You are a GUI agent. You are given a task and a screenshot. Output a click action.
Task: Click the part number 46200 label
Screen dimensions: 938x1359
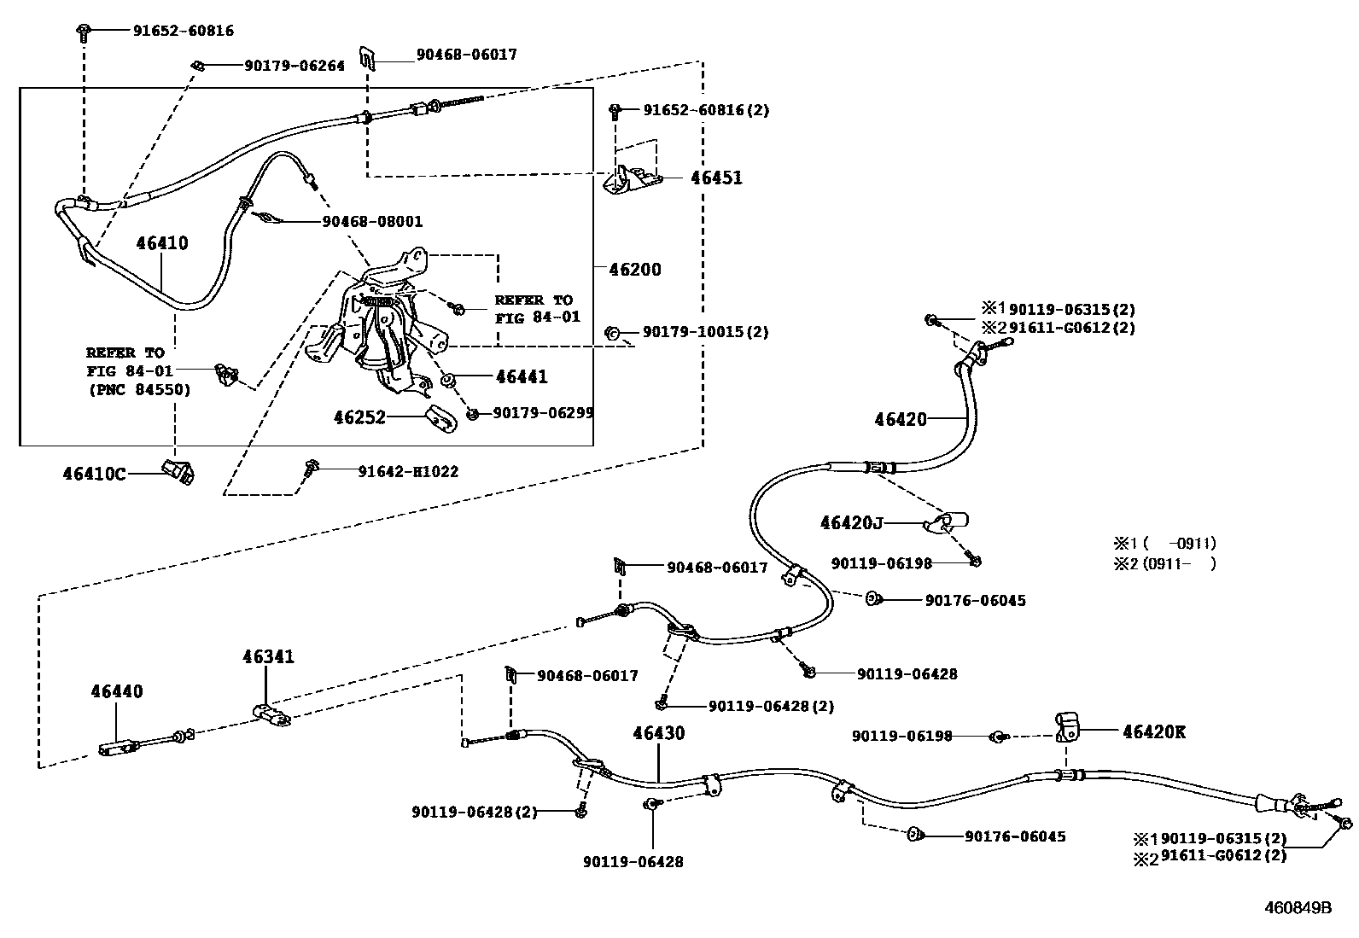(x=634, y=270)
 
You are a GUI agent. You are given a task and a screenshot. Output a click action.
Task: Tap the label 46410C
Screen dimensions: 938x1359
(x=94, y=473)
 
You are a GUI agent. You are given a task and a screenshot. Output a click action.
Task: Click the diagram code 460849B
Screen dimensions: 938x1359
(x=1298, y=908)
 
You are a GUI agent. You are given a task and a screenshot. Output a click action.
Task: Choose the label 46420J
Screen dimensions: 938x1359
(x=851, y=522)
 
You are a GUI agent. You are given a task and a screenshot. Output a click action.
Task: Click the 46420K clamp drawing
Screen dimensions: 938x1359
(x=1067, y=726)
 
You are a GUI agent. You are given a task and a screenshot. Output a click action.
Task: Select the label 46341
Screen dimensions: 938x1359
(x=268, y=656)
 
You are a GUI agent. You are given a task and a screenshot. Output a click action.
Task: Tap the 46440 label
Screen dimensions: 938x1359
(x=117, y=691)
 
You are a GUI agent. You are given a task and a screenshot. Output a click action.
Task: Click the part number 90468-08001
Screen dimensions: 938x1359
(x=372, y=222)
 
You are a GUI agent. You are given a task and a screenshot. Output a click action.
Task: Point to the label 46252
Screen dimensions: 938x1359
(x=359, y=417)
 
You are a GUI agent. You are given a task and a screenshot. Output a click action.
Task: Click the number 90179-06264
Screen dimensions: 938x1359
(x=295, y=66)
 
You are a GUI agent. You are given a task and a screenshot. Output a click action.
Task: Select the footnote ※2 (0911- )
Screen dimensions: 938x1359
(x=1164, y=563)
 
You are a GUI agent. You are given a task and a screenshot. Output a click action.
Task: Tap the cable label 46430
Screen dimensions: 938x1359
(x=658, y=732)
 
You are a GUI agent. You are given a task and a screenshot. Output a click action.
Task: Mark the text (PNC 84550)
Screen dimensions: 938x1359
(x=139, y=390)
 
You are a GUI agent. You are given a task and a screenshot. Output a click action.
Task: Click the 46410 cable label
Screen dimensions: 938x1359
(x=162, y=243)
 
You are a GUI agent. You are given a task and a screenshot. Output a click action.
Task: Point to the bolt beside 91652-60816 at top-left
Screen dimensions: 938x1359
(x=84, y=32)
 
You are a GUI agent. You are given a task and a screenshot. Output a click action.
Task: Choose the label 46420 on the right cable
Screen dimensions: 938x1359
(x=900, y=419)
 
